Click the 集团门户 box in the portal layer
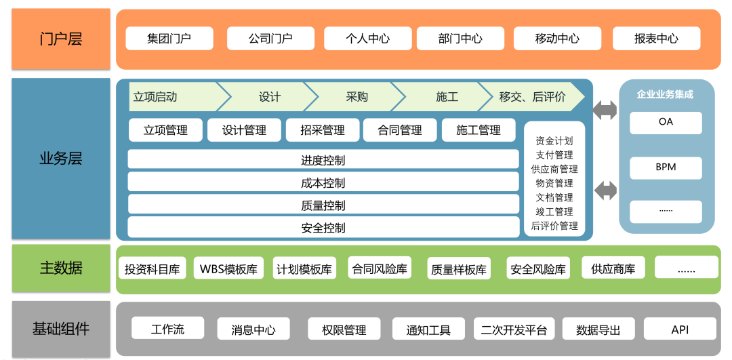pyautogui.click(x=169, y=39)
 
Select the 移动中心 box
pyautogui.click(x=557, y=39)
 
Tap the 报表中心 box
pyautogui.click(x=656, y=39)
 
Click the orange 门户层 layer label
pyautogui.click(x=61, y=39)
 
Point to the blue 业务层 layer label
pyautogui.click(x=61, y=159)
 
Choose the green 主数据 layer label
pyautogui.click(x=61, y=268)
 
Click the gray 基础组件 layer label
pyautogui.click(x=61, y=329)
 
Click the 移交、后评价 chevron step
pyautogui.click(x=532, y=97)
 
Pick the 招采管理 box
pyautogui.click(x=323, y=130)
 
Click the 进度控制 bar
pyautogui.click(x=323, y=161)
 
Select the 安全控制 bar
pyautogui.click(x=323, y=228)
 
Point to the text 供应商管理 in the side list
pyautogui.click(x=554, y=169)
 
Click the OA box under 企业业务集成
pyautogui.click(x=666, y=123)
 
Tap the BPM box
pyautogui.click(x=666, y=167)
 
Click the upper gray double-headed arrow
pyautogui.click(x=606, y=110)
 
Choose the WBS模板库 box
pyautogui.click(x=228, y=268)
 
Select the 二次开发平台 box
pyautogui.click(x=514, y=330)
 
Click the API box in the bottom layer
pyautogui.click(x=680, y=329)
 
